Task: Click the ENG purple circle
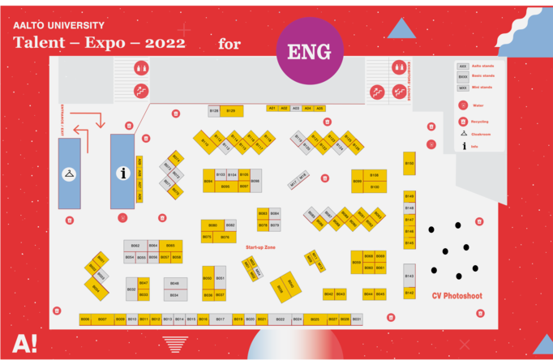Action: (x=309, y=52)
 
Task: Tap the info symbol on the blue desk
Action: (x=123, y=173)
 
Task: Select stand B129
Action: (x=231, y=111)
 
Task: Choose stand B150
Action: (x=409, y=164)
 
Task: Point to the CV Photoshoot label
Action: (x=457, y=296)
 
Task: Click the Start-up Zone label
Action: (x=260, y=246)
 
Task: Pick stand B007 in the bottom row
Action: (x=102, y=319)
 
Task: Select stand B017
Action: (x=220, y=319)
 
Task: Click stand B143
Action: (x=409, y=276)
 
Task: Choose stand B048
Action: (x=174, y=284)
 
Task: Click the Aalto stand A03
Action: (x=296, y=108)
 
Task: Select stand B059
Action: (x=357, y=262)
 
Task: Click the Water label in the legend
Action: (x=478, y=105)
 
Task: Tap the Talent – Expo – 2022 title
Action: (x=99, y=42)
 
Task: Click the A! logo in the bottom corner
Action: (x=24, y=343)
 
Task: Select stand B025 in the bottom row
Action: (x=315, y=319)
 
